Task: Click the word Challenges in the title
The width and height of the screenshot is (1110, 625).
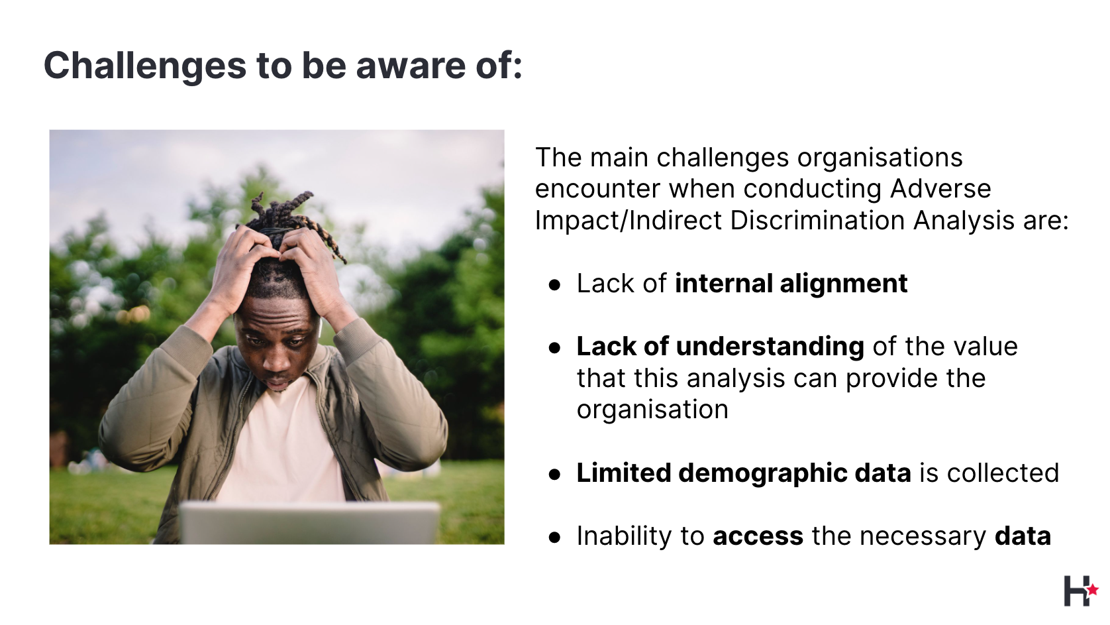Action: click(x=144, y=66)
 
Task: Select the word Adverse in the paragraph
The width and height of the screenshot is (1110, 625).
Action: click(x=940, y=188)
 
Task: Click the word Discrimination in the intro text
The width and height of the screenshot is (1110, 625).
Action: click(x=818, y=220)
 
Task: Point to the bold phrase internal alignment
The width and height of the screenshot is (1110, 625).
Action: click(x=791, y=283)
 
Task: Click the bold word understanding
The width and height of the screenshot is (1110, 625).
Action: click(x=770, y=346)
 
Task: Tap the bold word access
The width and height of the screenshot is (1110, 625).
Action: click(x=758, y=536)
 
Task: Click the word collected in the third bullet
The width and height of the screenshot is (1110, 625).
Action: click(x=1003, y=473)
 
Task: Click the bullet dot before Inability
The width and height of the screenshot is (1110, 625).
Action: click(x=554, y=538)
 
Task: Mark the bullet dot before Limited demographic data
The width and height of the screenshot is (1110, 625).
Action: click(x=554, y=474)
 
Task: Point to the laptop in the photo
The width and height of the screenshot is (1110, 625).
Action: click(x=309, y=524)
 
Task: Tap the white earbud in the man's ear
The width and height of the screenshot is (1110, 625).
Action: click(x=320, y=327)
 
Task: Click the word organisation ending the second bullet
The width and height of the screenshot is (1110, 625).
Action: click(x=652, y=410)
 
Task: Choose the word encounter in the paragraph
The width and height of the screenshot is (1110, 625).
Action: click(x=597, y=189)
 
